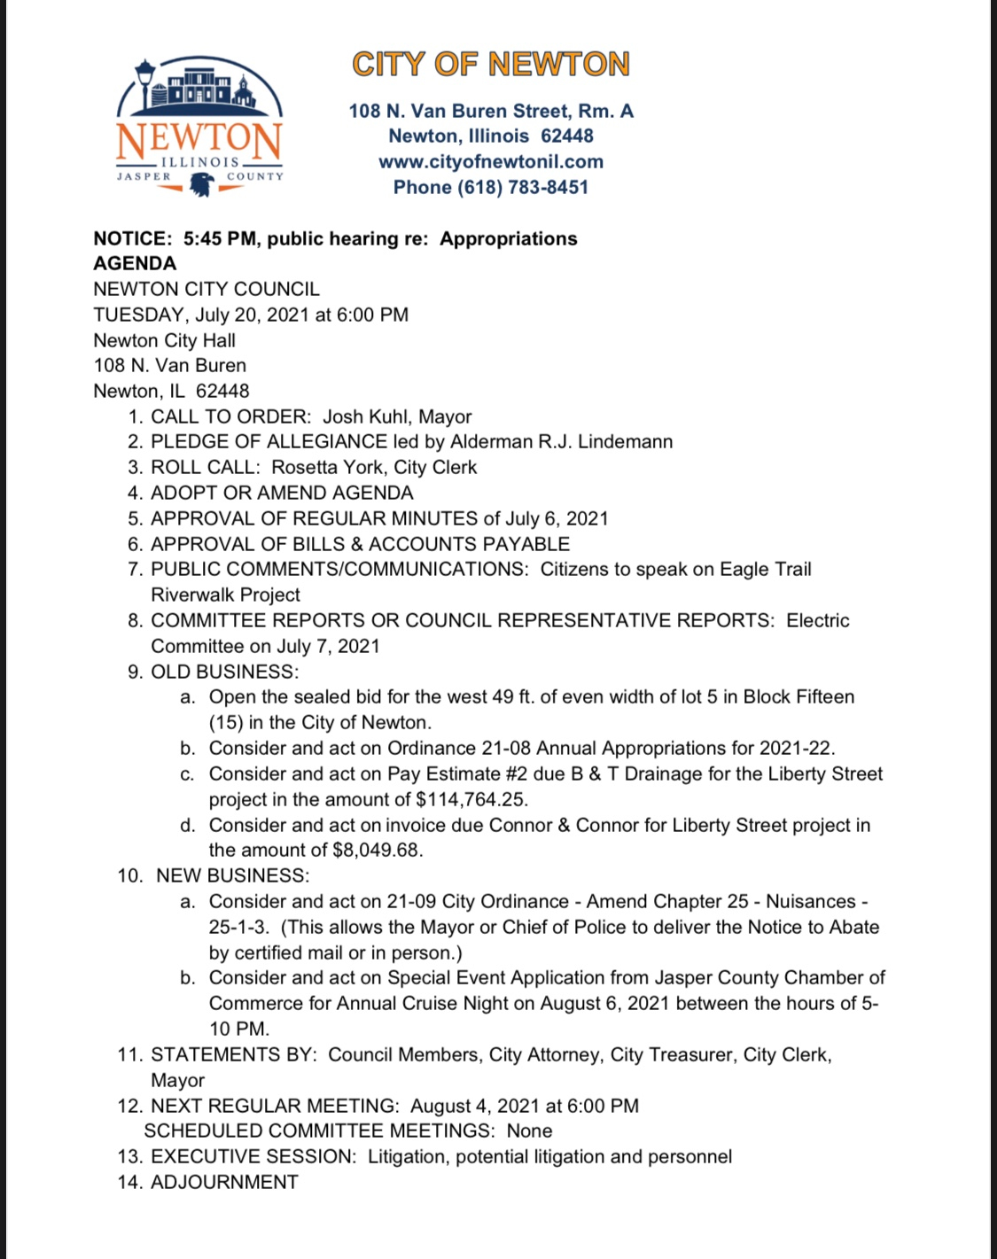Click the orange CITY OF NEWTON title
click(491, 65)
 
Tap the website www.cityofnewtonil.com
click(491, 162)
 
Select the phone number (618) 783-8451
click(522, 188)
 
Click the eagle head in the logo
click(202, 184)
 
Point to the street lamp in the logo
click(144, 84)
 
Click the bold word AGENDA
click(135, 264)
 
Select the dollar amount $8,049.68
click(377, 851)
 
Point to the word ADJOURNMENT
click(224, 1183)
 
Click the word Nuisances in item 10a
click(811, 902)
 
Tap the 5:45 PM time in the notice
click(221, 239)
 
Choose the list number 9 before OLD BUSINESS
click(135, 672)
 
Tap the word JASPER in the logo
click(144, 176)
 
